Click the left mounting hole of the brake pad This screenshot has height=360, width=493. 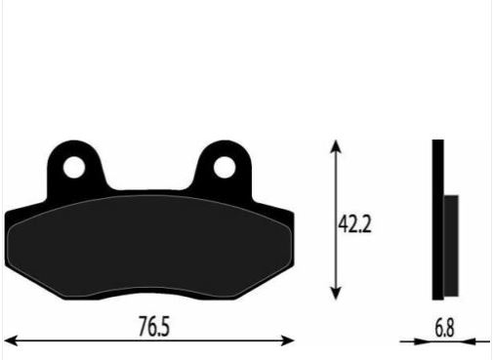[x=74, y=167]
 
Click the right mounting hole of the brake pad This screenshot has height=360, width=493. [x=225, y=167]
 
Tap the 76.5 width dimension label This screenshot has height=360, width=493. [x=154, y=326]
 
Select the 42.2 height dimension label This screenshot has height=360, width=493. [x=354, y=223]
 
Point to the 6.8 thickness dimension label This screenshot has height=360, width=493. [x=444, y=328]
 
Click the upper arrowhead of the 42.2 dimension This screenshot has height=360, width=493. [x=336, y=146]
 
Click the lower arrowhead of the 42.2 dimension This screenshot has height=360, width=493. [x=336, y=293]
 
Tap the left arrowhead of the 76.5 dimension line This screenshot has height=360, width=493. [x=11, y=340]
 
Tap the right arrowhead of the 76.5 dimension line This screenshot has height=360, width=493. [x=288, y=340]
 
